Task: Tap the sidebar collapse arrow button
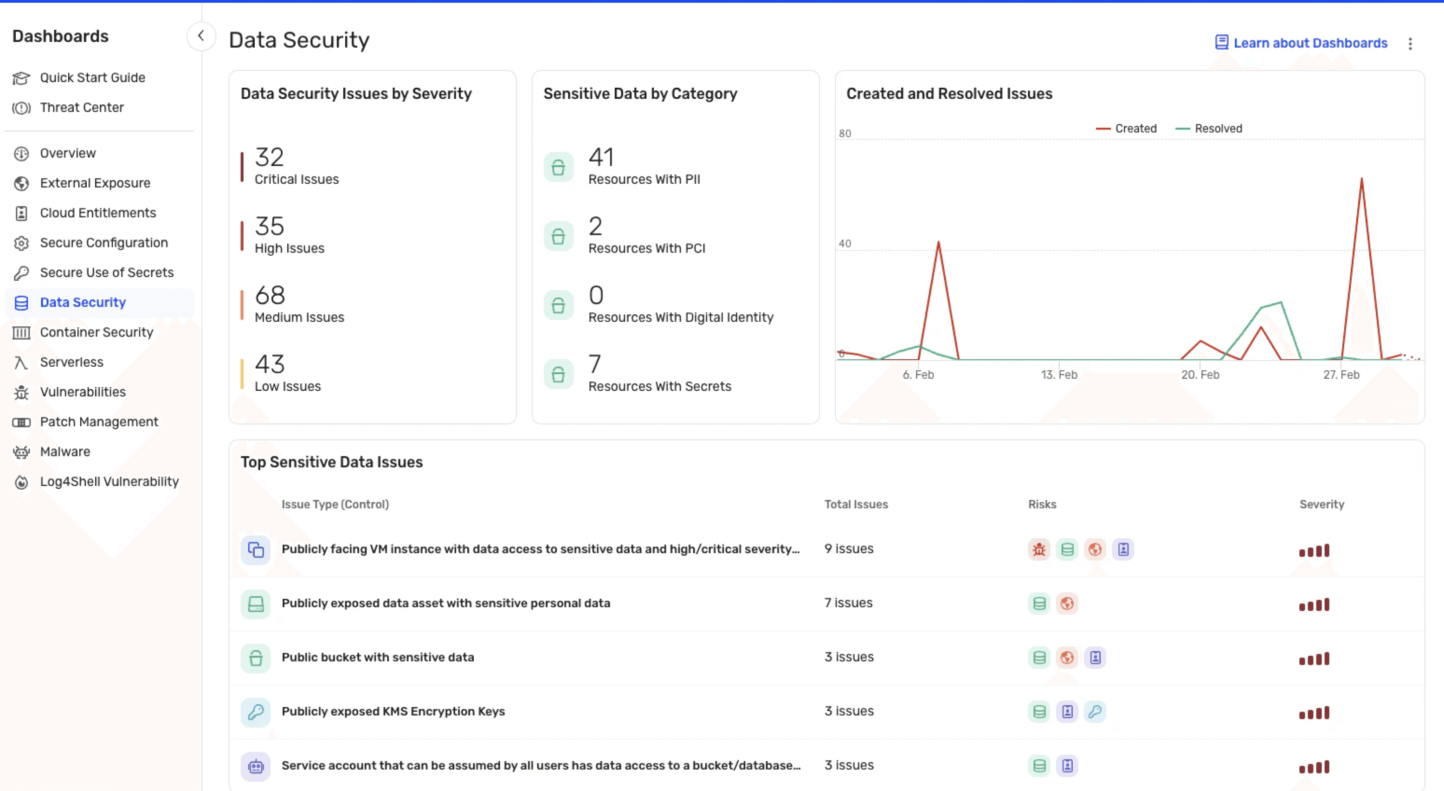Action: click(200, 36)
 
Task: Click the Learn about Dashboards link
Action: click(1301, 43)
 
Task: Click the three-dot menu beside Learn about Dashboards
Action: click(1411, 43)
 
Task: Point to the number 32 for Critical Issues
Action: click(269, 157)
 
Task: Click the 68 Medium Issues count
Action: click(270, 295)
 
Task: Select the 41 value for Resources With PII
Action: click(601, 157)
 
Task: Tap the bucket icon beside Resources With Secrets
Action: click(558, 374)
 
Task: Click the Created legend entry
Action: click(1126, 129)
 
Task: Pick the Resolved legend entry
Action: click(1209, 129)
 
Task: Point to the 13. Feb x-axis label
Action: click(1059, 375)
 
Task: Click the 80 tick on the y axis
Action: click(845, 133)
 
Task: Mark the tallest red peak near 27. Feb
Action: click(1361, 179)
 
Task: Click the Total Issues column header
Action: click(856, 504)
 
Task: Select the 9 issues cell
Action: click(849, 548)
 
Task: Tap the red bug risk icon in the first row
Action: click(1039, 550)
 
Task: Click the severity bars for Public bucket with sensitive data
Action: click(1314, 659)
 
